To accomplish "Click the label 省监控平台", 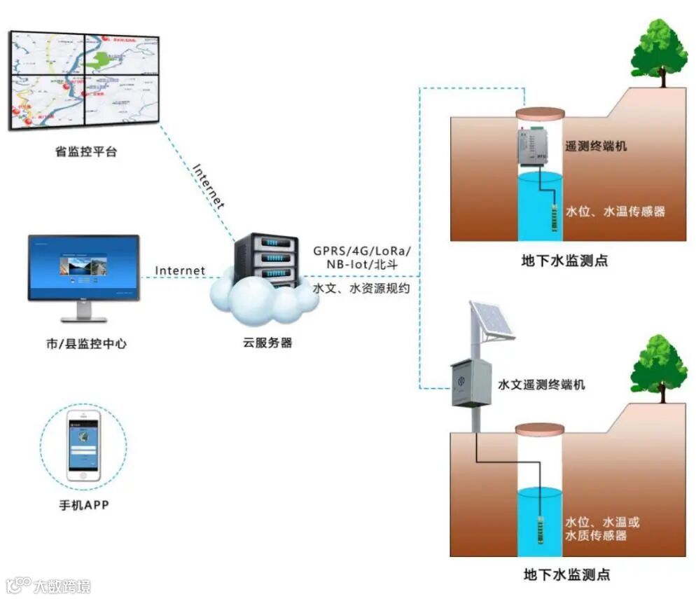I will [86, 152].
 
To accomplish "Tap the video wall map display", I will [85, 78].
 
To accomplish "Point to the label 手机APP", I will [84, 504].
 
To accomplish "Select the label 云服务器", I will [267, 343].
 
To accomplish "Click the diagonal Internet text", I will [209, 186].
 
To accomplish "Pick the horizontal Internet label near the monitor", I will [180, 270].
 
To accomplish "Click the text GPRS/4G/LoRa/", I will [362, 251].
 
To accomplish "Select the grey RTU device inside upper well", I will [538, 146].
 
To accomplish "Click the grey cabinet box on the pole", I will [471, 383].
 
